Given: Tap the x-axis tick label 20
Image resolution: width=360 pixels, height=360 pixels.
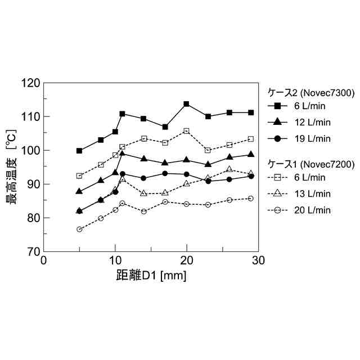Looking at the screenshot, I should (x=187, y=260).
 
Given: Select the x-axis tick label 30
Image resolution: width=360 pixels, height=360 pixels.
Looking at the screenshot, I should (x=258, y=260).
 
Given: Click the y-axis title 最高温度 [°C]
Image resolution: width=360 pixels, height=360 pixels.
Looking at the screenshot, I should (x=13, y=166).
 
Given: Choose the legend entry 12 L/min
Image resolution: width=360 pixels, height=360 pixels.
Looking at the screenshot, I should (x=309, y=122).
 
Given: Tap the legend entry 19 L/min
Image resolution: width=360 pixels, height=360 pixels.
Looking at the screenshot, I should (x=309, y=138).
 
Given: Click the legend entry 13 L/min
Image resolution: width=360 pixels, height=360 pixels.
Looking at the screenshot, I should (x=309, y=193).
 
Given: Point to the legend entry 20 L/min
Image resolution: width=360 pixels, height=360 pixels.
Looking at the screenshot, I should (x=309, y=210).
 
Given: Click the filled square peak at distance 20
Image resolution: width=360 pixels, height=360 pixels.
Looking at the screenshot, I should (x=186, y=104).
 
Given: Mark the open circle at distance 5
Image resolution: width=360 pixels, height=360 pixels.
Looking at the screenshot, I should (x=79, y=229).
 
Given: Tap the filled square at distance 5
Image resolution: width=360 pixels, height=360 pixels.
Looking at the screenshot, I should (x=79, y=151).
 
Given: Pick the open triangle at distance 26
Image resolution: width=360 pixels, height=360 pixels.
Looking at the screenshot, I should (x=229, y=169).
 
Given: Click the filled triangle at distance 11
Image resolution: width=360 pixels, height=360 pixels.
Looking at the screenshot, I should (x=122, y=153).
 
